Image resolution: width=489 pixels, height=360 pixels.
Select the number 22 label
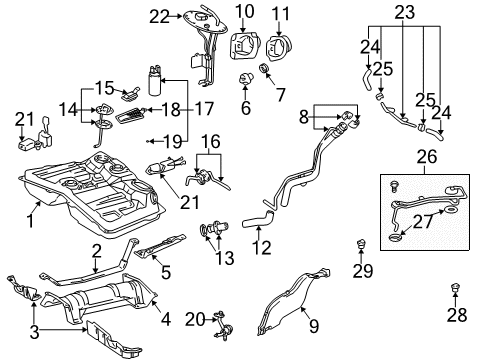(x=160, y=15)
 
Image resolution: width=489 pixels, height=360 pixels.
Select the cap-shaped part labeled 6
(x=245, y=78)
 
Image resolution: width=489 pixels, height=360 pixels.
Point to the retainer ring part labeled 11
(x=282, y=47)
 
